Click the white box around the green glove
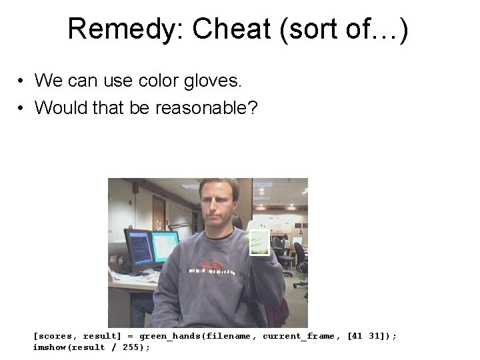click(259, 243)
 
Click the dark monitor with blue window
click(138, 249)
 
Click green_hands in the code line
click(170, 336)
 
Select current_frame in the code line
click(298, 336)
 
